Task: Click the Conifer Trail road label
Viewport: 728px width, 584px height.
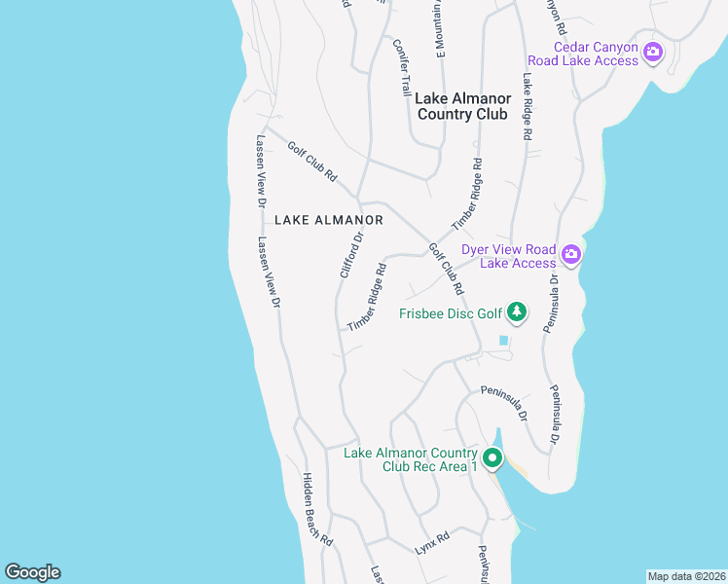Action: [x=403, y=67]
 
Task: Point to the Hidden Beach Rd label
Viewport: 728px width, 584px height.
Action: [x=317, y=509]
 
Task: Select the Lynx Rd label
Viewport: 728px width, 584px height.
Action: [x=432, y=543]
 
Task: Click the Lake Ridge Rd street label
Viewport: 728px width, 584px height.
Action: [x=527, y=107]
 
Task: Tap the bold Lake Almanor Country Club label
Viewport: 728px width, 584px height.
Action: [x=462, y=106]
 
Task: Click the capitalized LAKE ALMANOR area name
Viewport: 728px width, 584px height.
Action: [x=329, y=220]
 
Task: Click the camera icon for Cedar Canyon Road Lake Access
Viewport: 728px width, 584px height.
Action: [x=653, y=52]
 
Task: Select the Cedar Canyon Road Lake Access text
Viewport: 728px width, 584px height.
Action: [x=596, y=54]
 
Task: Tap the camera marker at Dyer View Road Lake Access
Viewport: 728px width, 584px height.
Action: [x=570, y=255]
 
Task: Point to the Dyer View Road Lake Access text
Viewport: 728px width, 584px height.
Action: [x=508, y=256]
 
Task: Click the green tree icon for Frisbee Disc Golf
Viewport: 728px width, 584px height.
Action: [x=519, y=312]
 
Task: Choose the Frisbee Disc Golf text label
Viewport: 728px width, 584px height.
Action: [x=450, y=313]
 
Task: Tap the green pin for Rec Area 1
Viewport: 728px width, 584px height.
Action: [x=492, y=457]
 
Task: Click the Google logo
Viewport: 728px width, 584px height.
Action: [x=32, y=572]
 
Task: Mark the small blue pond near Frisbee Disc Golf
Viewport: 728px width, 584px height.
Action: [x=503, y=341]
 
